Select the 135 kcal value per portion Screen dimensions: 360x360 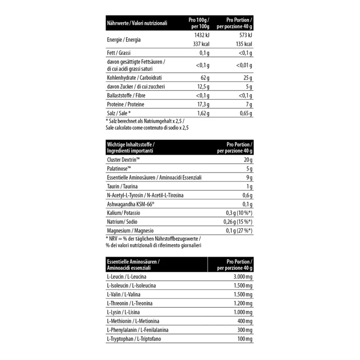243,44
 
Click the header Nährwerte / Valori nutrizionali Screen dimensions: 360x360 136,22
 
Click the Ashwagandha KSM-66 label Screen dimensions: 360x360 129,204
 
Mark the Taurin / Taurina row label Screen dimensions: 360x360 122,187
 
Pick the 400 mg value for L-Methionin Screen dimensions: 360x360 244,320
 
